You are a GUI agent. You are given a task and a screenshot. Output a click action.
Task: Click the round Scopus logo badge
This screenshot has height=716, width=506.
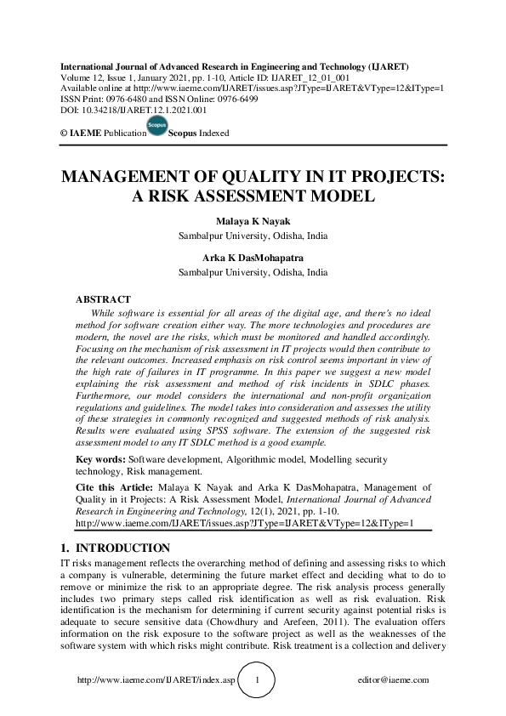(x=157, y=128)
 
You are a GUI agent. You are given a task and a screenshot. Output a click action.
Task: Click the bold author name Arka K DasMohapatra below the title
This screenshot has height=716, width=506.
(x=253, y=259)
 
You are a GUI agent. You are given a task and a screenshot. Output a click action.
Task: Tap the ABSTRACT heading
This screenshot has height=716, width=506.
(x=103, y=299)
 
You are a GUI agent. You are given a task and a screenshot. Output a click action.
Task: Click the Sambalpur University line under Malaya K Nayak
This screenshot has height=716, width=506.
(x=253, y=236)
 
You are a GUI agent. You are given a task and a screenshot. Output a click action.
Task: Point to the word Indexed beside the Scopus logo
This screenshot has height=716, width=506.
(x=213, y=134)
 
